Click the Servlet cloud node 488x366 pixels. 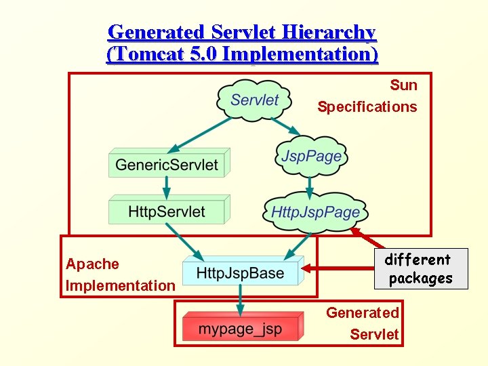[x=254, y=100]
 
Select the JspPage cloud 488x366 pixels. [x=311, y=157]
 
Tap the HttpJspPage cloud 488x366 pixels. [x=315, y=212]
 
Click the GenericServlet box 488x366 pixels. [x=167, y=165]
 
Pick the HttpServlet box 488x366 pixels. [x=167, y=211]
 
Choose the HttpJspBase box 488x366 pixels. [x=241, y=273]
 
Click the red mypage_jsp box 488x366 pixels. [x=240, y=330]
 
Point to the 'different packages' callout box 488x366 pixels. [x=420, y=269]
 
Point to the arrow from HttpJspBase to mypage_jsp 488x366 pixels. [x=239, y=300]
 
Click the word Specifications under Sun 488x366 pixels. [x=367, y=107]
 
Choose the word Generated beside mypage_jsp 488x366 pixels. [x=363, y=313]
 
